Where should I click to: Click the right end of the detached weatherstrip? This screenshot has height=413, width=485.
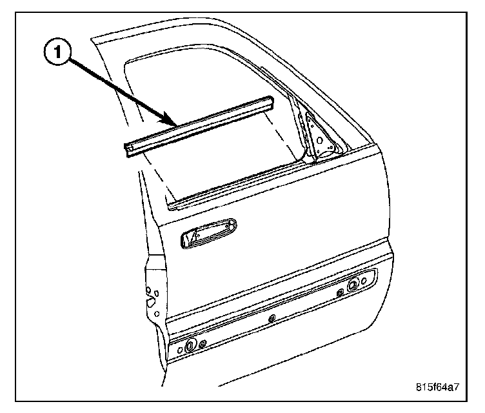(272, 102)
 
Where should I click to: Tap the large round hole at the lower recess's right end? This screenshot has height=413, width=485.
(353, 285)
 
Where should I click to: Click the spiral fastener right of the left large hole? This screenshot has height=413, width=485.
(203, 343)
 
